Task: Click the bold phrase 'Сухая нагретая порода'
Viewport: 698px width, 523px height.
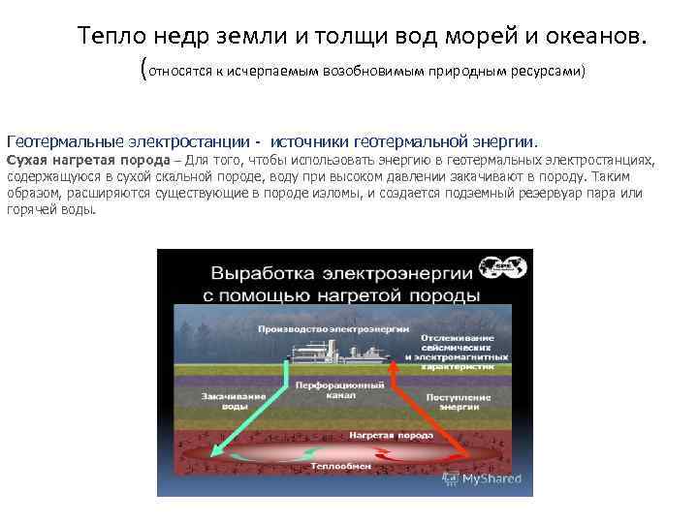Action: (x=87, y=160)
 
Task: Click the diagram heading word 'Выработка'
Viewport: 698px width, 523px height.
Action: (x=270, y=269)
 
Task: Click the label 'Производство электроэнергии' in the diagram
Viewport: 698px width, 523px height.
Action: (x=321, y=329)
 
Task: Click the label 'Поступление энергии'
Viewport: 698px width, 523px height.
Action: (x=445, y=401)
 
